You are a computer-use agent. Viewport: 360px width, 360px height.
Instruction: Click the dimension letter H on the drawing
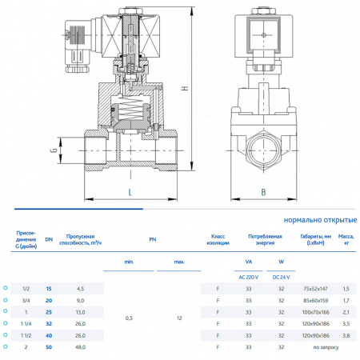point(185,89)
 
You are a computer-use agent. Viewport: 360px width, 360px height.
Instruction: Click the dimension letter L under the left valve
point(130,191)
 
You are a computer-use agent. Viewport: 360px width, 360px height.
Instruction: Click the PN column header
point(152,238)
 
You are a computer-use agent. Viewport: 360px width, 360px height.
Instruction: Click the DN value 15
point(48,288)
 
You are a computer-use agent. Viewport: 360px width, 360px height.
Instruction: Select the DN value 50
point(48,348)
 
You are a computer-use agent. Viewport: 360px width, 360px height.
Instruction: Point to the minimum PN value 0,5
point(130,318)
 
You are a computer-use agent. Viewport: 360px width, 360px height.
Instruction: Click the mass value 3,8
point(345,336)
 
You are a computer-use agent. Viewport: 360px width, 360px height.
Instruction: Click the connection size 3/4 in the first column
point(26,300)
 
